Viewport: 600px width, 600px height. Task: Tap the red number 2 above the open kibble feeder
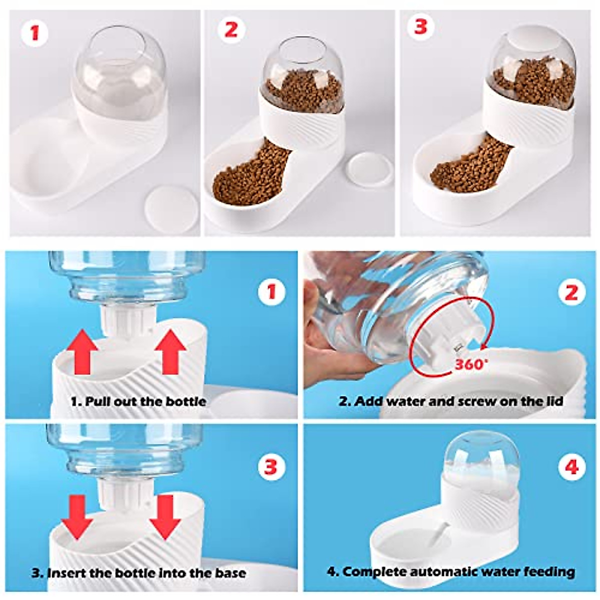(x=230, y=29)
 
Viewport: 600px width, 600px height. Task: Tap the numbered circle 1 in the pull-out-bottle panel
(x=271, y=291)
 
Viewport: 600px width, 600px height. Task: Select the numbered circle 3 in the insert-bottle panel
(x=270, y=467)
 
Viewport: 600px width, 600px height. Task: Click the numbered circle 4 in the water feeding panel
(x=571, y=467)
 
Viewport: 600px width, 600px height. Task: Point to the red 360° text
(x=470, y=364)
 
